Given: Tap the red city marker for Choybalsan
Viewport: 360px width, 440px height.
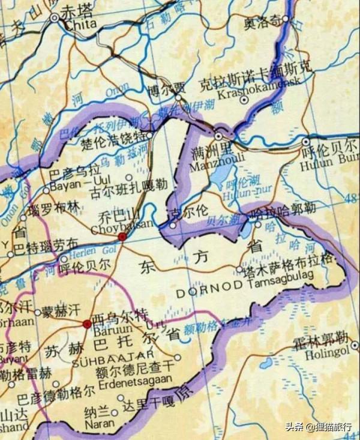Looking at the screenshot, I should pyautogui.click(x=122, y=237).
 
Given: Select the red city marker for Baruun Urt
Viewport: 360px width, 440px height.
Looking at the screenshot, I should pyautogui.click(x=87, y=324).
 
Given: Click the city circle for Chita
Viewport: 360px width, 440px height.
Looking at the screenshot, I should pyautogui.click(x=55, y=18).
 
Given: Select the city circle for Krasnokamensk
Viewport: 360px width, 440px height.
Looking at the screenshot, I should pyautogui.click(x=244, y=100).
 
